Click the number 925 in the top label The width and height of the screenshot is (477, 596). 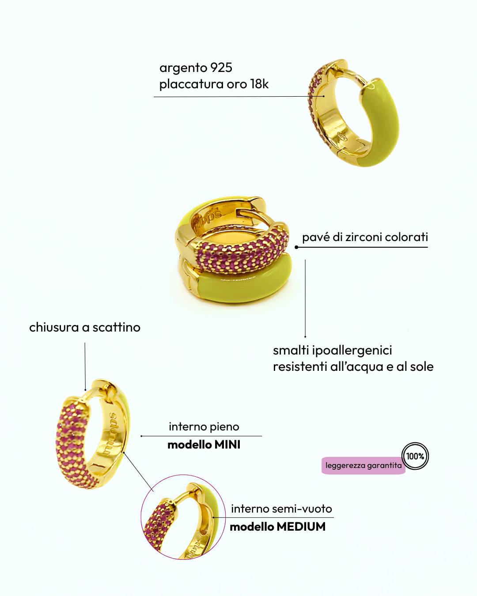[221, 68]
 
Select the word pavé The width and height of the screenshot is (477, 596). [316, 237]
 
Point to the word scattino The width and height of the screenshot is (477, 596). [116, 327]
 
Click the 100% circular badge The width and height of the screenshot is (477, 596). [415, 456]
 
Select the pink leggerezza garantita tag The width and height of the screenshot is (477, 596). [363, 466]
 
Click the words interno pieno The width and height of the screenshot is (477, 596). [204, 426]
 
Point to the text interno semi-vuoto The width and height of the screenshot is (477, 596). [281, 509]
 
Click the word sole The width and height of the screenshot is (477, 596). [421, 366]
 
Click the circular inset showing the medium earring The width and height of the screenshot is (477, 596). [183, 517]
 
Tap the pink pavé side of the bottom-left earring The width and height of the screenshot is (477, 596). [73, 441]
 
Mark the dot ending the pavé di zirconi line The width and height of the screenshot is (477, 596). [296, 247]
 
